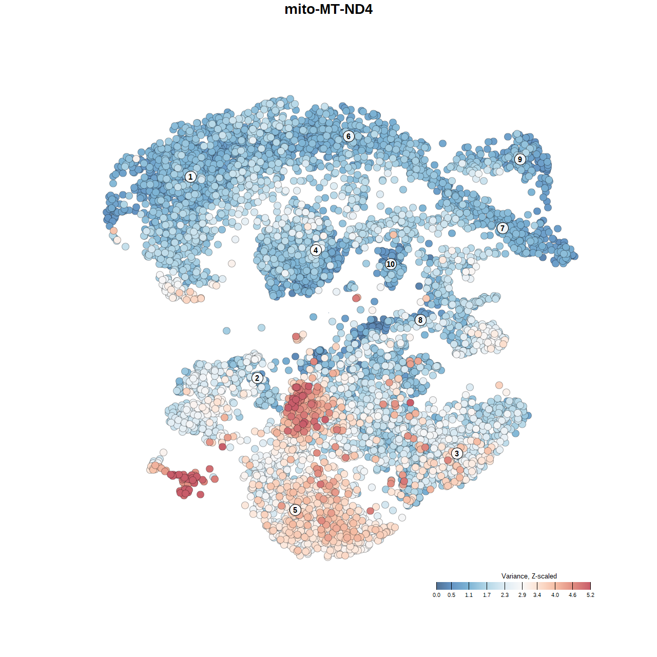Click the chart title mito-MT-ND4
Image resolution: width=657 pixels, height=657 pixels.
[x=328, y=9]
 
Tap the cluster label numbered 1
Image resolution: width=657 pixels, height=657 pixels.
[x=190, y=177]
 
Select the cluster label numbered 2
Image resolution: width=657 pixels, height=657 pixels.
[x=257, y=378]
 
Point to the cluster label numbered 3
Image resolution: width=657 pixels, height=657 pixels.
[x=457, y=453]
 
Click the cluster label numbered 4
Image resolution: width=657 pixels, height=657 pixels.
[x=316, y=250]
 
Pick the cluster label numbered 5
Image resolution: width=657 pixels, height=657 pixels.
[x=295, y=510]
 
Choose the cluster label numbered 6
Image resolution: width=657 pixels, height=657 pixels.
[x=349, y=136]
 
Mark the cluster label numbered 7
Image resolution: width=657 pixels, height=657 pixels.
[x=503, y=228]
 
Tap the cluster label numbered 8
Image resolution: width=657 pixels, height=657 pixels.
[x=420, y=320]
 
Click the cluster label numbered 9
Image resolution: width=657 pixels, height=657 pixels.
[x=520, y=159]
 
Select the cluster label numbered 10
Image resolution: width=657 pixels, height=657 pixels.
[x=391, y=264]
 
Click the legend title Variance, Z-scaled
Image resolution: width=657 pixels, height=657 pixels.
[x=529, y=576]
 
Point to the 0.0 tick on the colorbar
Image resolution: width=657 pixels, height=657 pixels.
[x=436, y=586]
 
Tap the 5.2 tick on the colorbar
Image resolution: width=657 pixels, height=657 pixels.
[x=590, y=586]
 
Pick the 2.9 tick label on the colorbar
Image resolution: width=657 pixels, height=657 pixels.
[x=522, y=595]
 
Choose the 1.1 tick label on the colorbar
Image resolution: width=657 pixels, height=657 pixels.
[x=469, y=595]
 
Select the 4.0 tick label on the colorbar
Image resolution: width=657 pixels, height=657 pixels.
[x=555, y=595]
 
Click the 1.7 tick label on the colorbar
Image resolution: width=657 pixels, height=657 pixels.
[x=487, y=595]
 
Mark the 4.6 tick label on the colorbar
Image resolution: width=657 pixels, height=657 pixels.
[x=572, y=595]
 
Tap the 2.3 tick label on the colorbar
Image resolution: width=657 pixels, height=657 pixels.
[x=505, y=595]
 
